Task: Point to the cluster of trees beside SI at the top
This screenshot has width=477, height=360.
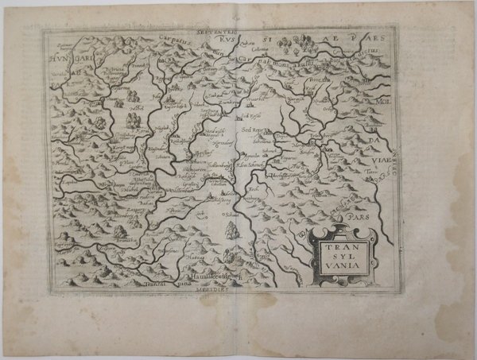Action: click(303, 40)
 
